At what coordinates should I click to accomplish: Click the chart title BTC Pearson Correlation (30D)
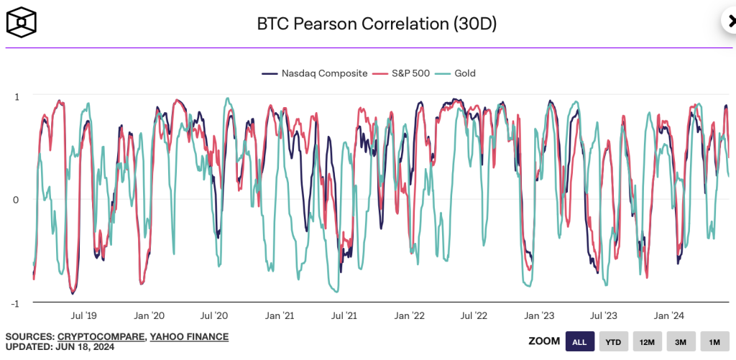(x=377, y=24)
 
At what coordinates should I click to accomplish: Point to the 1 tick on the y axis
(x=17, y=96)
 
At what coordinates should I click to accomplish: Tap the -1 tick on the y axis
(x=15, y=303)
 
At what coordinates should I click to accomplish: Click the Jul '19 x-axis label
(x=83, y=315)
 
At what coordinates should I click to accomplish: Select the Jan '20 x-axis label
(x=149, y=315)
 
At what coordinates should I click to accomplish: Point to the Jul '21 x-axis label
(x=344, y=315)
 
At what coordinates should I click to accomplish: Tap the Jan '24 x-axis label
(x=669, y=315)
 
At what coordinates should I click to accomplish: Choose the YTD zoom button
(x=613, y=341)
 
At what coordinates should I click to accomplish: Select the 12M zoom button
(x=646, y=341)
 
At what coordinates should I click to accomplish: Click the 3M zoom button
(x=680, y=341)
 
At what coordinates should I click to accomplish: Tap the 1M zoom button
(x=714, y=341)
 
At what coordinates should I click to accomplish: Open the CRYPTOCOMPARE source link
(x=101, y=336)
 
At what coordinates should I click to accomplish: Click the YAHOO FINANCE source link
(x=190, y=336)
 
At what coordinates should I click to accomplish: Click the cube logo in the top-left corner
(x=22, y=23)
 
